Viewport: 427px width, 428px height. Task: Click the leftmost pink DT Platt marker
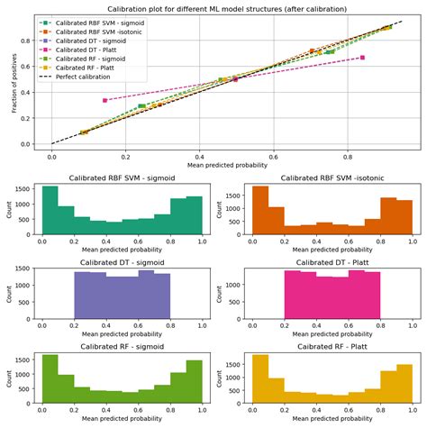[105, 100]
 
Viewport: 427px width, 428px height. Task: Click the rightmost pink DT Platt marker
[362, 58]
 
